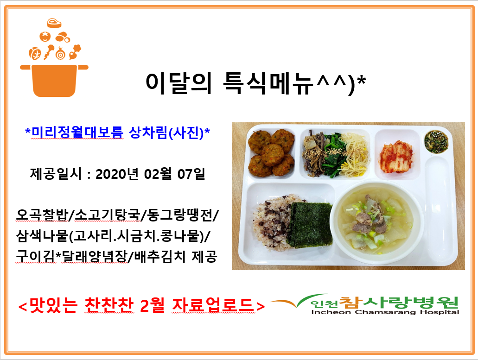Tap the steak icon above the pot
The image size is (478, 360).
54,23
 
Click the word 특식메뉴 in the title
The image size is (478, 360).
268,83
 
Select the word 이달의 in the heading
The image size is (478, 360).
178,83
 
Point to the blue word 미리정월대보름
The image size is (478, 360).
77,133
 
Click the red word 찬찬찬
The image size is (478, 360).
109,305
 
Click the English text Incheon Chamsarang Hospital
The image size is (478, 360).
385,312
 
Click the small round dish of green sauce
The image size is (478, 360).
436,141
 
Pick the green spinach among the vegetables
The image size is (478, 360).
334,155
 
